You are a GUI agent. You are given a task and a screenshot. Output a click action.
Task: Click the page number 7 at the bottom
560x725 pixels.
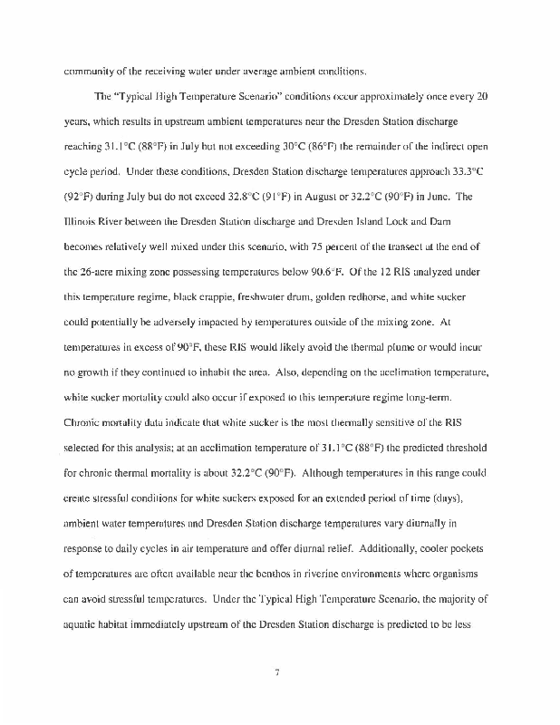pyautogui.click(x=280, y=672)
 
